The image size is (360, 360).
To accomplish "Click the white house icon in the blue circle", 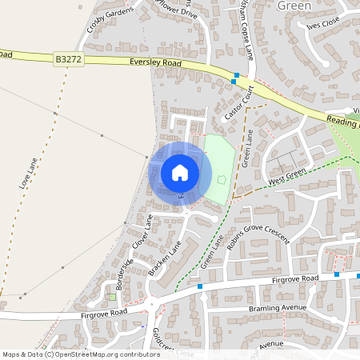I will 180,172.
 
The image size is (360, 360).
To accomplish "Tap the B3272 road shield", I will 68,59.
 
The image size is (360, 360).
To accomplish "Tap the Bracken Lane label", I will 165,258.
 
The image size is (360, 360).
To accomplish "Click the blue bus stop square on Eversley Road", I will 234,81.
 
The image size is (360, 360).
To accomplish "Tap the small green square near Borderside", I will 112,298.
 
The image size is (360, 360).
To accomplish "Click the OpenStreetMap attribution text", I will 80,354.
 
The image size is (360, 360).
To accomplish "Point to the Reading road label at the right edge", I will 344,122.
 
